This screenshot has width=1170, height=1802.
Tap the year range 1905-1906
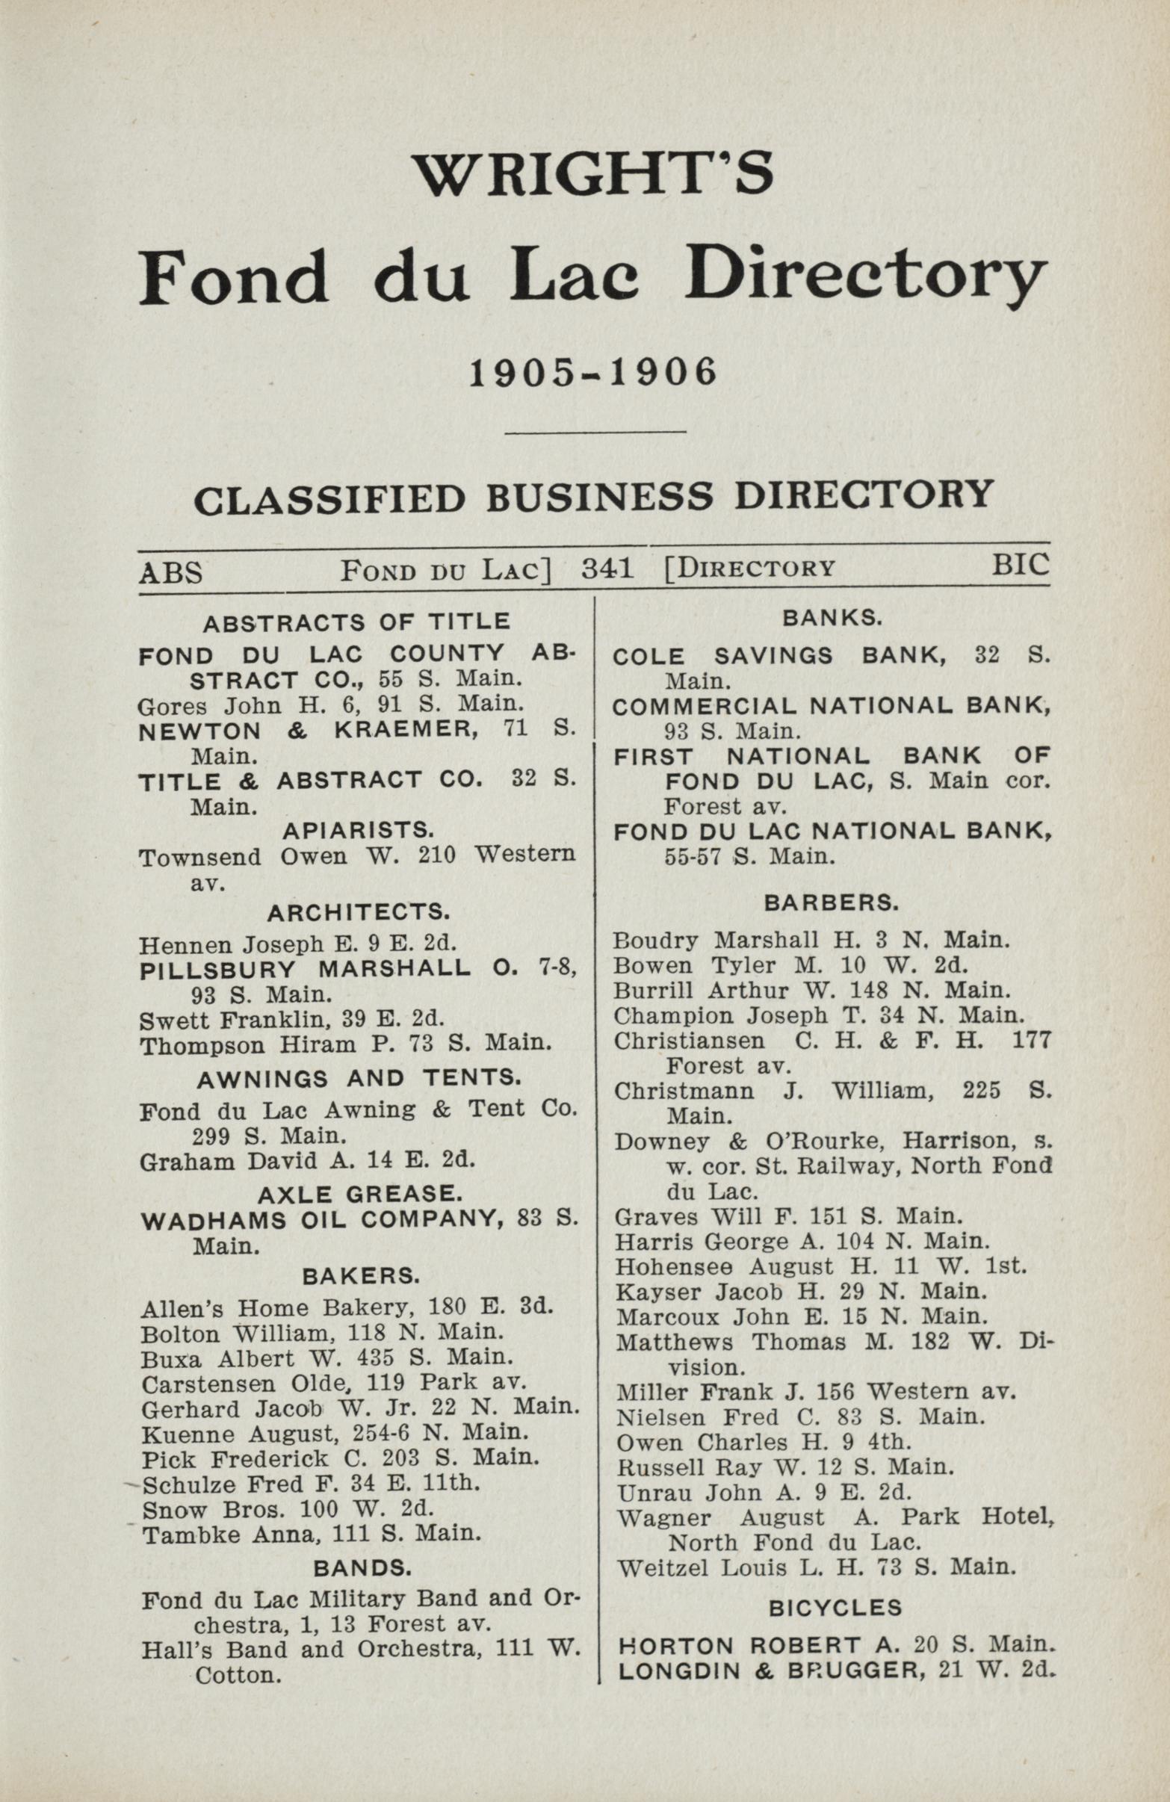coord(593,373)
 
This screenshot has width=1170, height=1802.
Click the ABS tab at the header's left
coord(170,572)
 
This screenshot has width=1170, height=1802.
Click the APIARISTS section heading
coord(357,831)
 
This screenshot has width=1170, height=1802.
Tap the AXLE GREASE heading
coord(359,1194)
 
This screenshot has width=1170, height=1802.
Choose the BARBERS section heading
coord(832,902)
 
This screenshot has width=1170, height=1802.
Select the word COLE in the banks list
coord(648,657)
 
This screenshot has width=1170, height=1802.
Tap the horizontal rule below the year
coord(595,433)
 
